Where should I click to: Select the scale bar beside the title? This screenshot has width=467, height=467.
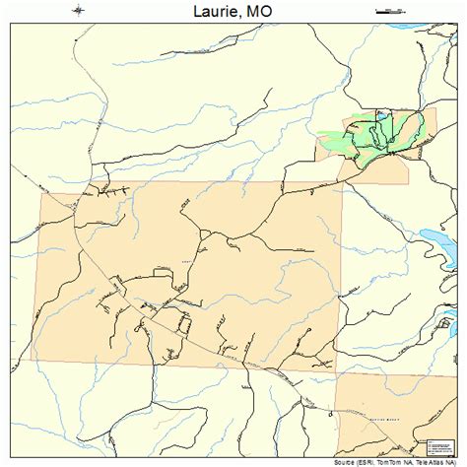[x=390, y=11]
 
